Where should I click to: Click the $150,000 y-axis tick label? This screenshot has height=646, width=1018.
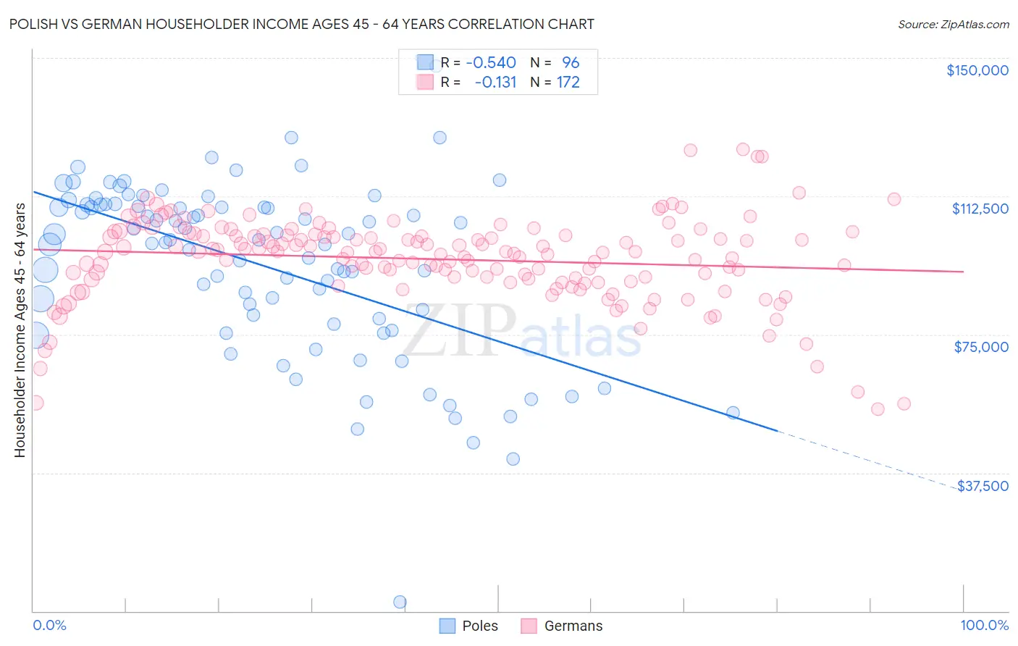click(977, 70)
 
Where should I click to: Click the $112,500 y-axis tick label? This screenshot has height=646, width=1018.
click(980, 209)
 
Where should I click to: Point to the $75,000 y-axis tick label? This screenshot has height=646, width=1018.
click(981, 347)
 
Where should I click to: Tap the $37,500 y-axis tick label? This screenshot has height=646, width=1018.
click(983, 486)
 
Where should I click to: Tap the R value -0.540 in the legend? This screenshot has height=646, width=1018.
click(490, 62)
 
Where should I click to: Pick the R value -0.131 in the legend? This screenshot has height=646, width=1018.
click(495, 82)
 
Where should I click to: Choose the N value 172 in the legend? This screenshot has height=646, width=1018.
click(568, 82)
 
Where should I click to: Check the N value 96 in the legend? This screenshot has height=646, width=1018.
click(571, 62)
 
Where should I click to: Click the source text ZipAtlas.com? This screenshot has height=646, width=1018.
click(953, 25)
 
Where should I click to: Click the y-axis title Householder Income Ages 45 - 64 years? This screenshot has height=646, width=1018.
click(20, 330)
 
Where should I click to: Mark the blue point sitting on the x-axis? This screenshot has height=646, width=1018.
click(399, 602)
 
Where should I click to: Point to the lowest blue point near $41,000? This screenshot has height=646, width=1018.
click(513, 458)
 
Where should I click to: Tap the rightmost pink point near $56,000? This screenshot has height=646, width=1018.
click(904, 404)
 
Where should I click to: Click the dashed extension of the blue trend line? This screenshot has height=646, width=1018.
click(869, 459)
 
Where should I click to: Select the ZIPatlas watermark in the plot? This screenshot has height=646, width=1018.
click(521, 332)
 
